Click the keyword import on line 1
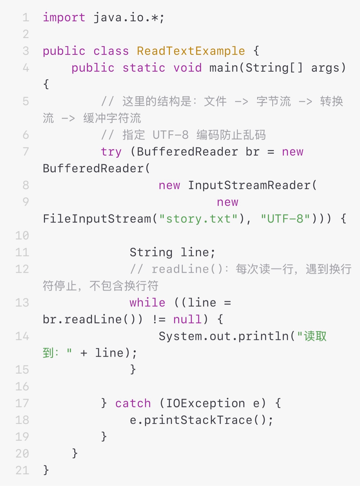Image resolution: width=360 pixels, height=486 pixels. (64, 18)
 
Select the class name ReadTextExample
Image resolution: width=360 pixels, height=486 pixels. (191, 51)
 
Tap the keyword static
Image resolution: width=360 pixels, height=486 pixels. (144, 68)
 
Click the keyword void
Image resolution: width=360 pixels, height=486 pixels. (188, 68)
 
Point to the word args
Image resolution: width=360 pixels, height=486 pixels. (325, 68)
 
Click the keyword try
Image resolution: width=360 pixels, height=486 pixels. (111, 152)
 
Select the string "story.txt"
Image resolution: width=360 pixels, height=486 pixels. (199, 219)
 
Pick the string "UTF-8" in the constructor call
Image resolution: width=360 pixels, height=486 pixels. (285, 219)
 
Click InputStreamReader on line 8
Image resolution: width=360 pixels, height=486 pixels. (249, 185)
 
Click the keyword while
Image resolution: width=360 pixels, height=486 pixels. (147, 303)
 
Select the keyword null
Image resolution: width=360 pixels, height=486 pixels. (187, 319)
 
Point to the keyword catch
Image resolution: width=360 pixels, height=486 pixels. (133, 403)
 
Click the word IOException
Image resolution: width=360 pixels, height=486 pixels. (205, 403)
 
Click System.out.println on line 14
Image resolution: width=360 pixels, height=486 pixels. (224, 336)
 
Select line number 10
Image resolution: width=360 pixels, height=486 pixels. (22, 236)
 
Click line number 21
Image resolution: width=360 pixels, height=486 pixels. (22, 470)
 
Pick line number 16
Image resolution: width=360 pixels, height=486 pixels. (22, 387)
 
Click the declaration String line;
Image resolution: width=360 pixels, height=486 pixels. (172, 252)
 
